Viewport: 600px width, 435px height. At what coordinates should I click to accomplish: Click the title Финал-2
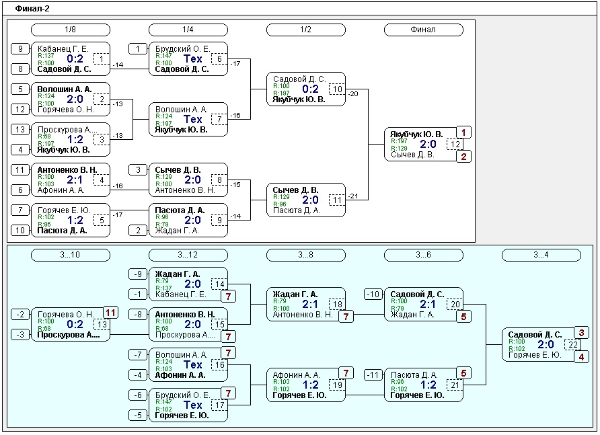point(32,9)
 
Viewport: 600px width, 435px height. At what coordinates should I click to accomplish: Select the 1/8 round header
point(71,30)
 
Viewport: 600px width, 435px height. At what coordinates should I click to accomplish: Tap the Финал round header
point(423,30)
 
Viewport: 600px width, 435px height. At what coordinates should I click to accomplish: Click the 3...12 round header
point(188,255)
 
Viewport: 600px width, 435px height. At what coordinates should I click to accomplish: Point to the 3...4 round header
point(541,255)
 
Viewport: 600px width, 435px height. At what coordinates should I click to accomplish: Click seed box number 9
point(20,49)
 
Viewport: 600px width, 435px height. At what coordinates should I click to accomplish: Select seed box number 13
point(20,129)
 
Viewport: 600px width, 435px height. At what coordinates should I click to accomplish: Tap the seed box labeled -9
point(138,274)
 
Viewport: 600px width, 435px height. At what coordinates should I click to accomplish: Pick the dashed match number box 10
point(337,89)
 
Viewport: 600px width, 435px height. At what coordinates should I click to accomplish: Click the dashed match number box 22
point(572,345)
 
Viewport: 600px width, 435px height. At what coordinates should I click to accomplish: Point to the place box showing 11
point(110,313)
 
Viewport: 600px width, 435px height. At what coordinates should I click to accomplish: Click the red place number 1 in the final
point(463,132)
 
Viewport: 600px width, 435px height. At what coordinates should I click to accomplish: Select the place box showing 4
point(582,357)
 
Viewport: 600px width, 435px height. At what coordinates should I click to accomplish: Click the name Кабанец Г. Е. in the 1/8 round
point(63,49)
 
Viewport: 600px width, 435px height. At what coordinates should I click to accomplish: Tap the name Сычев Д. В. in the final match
point(412,155)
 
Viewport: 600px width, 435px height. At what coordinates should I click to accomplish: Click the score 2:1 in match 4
point(75,180)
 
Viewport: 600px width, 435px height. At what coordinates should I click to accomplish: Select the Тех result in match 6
point(192,59)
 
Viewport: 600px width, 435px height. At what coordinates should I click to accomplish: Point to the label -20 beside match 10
point(353,93)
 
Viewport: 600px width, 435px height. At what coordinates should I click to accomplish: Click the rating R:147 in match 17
point(163,402)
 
